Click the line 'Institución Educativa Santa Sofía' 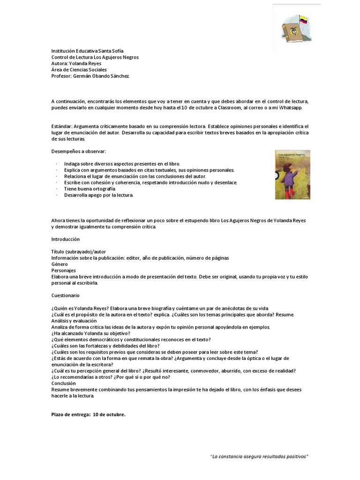pyautogui.click(x=88, y=51)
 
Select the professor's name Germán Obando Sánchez pyautogui.click(x=101, y=76)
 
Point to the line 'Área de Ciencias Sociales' pyautogui.click(x=79, y=70)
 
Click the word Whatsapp pyautogui.click(x=291, y=107)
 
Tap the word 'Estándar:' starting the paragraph pyautogui.click(x=61, y=127)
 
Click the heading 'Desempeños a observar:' pyautogui.click(x=79, y=151)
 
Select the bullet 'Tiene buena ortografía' pyautogui.click(x=90, y=188)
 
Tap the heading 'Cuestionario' pyautogui.click(x=65, y=295)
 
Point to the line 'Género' pyautogui.click(x=60, y=264)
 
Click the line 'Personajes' pyautogui.click(x=63, y=270)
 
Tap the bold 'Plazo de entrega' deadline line pyautogui.click(x=88, y=414)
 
